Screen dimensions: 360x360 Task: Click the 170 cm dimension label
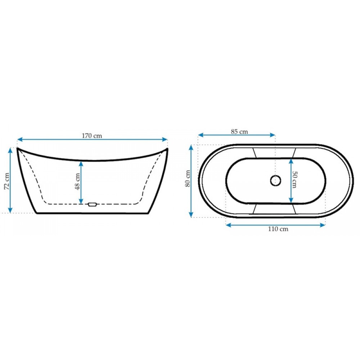(x=92, y=136)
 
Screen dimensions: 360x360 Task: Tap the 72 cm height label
(x=7, y=181)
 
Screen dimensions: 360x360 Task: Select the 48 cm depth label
(x=78, y=181)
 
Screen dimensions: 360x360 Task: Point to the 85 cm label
(x=239, y=131)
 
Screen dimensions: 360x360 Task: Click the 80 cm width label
(x=188, y=179)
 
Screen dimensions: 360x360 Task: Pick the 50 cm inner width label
(x=294, y=179)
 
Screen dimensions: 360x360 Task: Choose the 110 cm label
(x=278, y=229)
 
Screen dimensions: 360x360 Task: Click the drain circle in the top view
(x=275, y=180)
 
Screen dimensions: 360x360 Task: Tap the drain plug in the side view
(x=93, y=204)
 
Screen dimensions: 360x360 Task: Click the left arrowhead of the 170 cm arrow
(x=20, y=139)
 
